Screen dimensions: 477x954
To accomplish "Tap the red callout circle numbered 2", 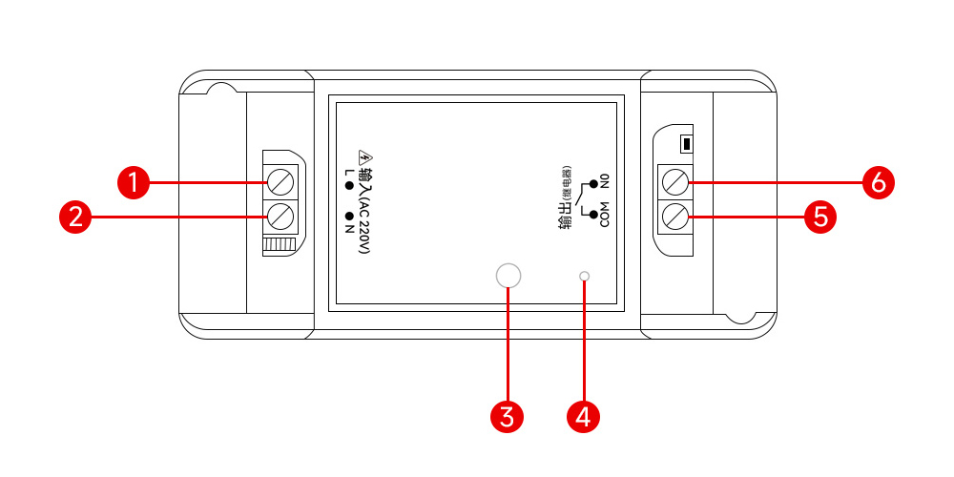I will coord(74,217).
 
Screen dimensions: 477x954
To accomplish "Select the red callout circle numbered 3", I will coord(508,416).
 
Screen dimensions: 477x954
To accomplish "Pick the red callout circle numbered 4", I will coord(584,416).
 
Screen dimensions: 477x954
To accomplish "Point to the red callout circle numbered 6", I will coord(878,181).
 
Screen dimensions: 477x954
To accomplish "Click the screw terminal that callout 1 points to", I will coord(280,181).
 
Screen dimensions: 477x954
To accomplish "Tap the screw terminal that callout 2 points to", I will coord(280,216).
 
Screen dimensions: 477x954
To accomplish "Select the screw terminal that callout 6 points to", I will coord(674,181).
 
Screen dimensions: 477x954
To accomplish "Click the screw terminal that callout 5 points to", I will coord(674,217).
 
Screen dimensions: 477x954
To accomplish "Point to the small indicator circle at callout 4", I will coord(584,277).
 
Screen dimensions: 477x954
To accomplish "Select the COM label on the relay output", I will coord(604,220).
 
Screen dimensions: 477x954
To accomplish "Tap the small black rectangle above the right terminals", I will coord(684,145).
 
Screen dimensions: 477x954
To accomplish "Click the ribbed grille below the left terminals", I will coord(279,245).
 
